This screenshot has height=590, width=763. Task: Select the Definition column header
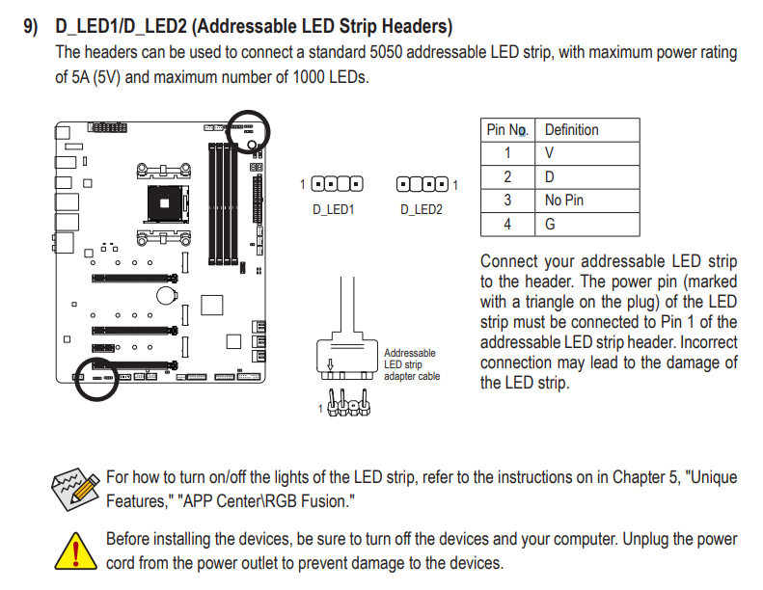click(571, 129)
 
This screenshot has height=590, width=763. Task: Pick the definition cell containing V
click(549, 152)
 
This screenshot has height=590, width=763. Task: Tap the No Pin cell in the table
click(564, 201)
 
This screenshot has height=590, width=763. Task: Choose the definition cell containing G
click(550, 225)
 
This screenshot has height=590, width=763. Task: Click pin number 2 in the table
click(507, 176)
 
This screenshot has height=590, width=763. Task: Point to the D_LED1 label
click(334, 208)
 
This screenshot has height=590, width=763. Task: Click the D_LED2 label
click(421, 208)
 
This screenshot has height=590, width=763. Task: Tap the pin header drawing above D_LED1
click(337, 183)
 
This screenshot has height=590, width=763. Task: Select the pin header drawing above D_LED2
click(422, 183)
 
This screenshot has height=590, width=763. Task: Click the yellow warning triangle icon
click(75, 551)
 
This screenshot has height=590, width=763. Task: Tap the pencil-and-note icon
click(75, 489)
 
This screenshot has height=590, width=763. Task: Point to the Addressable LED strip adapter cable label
click(412, 364)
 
